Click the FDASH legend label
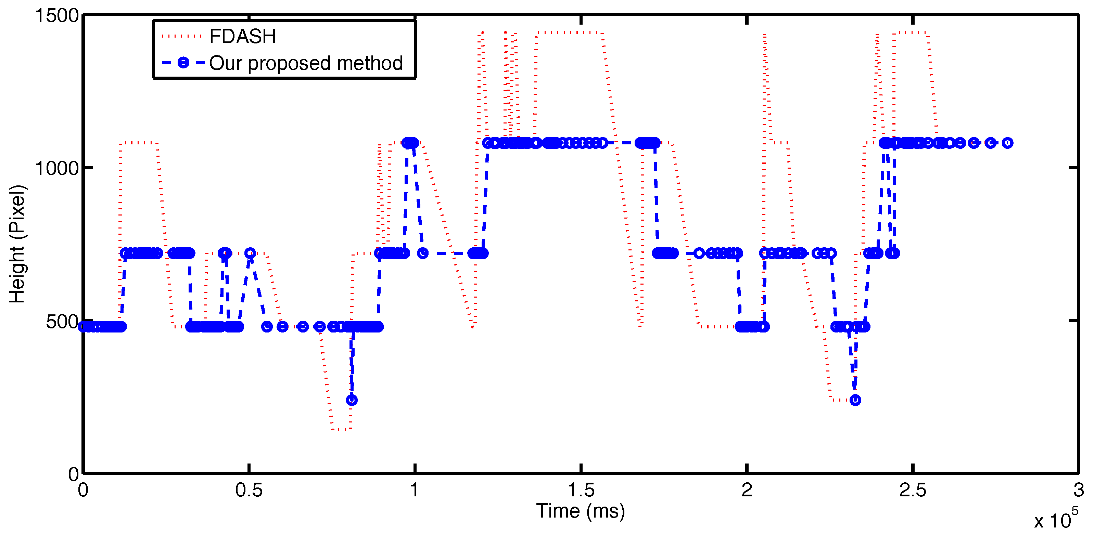[242, 37]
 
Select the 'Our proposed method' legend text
[306, 63]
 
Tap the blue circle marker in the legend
[183, 63]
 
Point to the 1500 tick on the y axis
[57, 16]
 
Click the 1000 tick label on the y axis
[57, 168]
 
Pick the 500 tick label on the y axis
[62, 322]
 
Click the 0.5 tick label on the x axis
[249, 491]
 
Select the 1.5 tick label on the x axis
[581, 491]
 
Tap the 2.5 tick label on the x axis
[912, 491]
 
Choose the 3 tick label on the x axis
[1079, 491]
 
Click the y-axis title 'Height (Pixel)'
[18, 244]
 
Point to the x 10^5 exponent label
[1056, 520]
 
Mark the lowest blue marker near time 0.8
[352, 400]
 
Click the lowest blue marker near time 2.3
[855, 400]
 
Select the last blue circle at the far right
[1007, 143]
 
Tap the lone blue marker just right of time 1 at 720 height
[422, 253]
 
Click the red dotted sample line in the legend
[181, 37]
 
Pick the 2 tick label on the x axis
[747, 491]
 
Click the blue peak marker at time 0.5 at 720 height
[250, 253]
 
